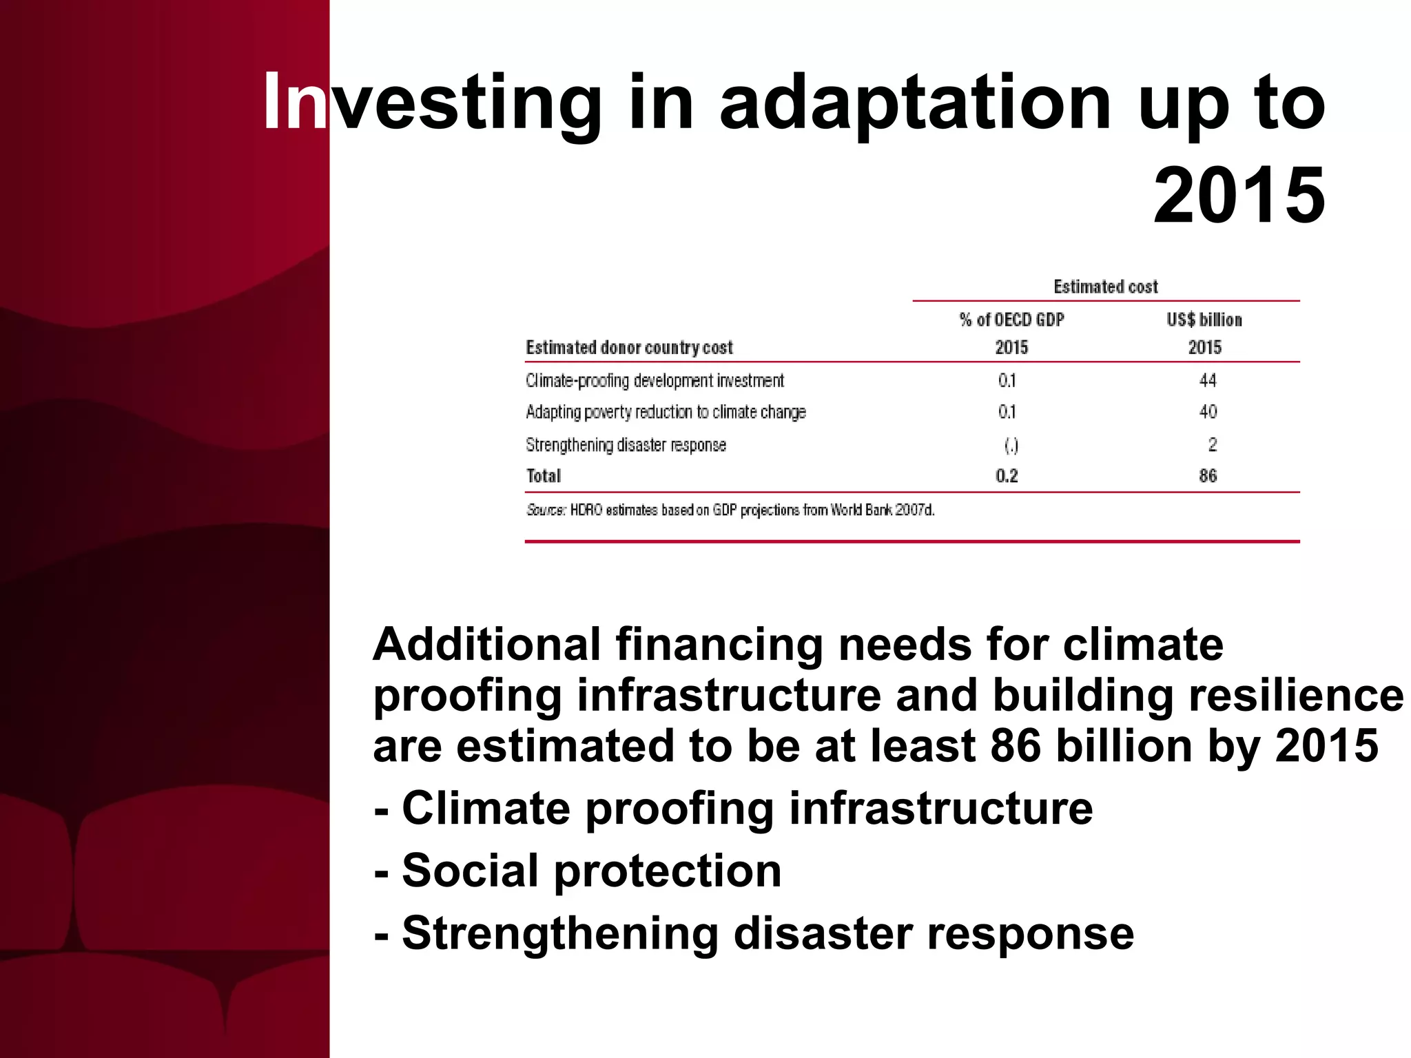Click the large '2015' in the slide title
[1239, 197]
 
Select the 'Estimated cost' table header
[1106, 287]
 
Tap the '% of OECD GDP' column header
[1011, 320]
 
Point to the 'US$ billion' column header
[1204, 320]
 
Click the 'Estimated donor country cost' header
[629, 348]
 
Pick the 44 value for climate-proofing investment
[1207, 380]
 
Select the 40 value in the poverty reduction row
[1207, 412]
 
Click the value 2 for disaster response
[1212, 445]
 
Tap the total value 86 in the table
[1207, 476]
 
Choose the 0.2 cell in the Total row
[1007, 476]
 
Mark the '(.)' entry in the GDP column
[1011, 446]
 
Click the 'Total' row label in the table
[544, 476]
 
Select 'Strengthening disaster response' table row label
[626, 445]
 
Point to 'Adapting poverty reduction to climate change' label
[666, 412]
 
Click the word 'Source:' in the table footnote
[546, 510]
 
